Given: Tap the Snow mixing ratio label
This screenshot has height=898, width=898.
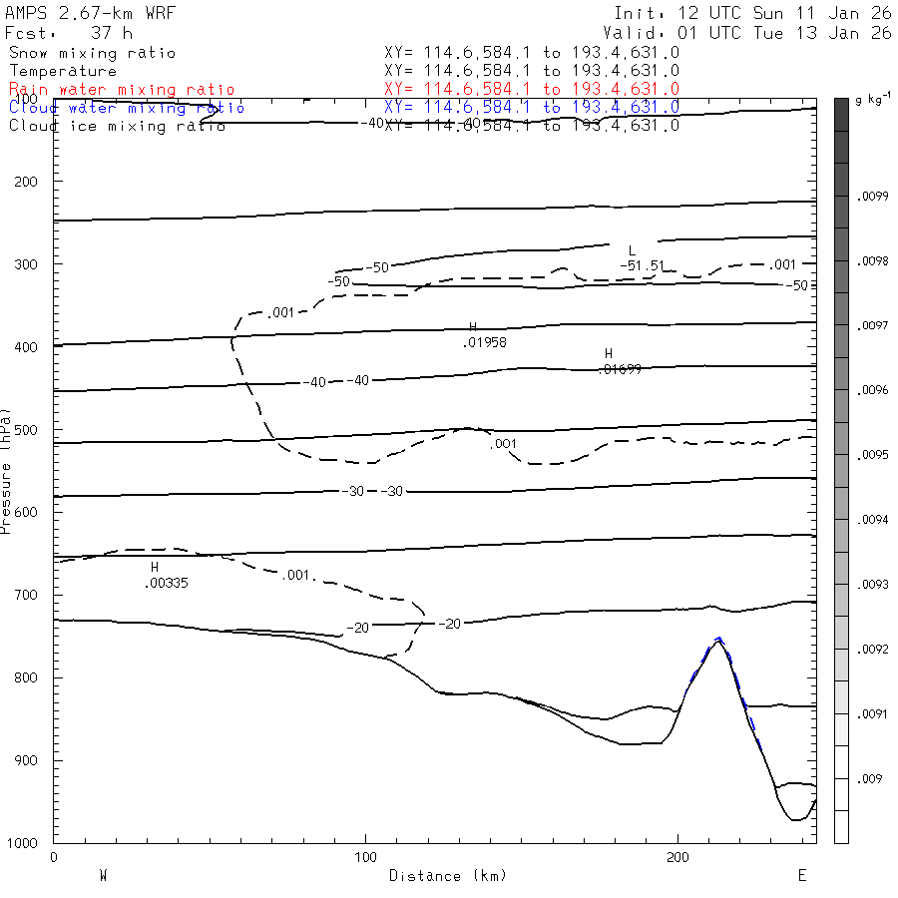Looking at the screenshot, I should click(93, 53).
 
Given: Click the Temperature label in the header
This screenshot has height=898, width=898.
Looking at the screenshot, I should click(63, 71).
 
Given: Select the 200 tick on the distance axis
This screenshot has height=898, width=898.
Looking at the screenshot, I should click(678, 857).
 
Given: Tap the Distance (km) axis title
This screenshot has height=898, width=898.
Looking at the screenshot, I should click(448, 875).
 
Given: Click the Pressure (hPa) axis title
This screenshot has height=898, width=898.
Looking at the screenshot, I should click(6, 470).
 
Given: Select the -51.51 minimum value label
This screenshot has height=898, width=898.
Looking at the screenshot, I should click(642, 265).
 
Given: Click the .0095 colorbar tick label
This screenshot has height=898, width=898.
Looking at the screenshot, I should click(874, 455).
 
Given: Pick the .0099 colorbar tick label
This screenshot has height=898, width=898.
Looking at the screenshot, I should click(874, 197).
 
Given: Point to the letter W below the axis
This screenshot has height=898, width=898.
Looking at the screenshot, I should click(103, 875).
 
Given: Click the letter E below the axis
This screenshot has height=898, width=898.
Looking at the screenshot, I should click(801, 875).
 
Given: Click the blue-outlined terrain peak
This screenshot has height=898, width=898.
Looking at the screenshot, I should click(718, 641).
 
